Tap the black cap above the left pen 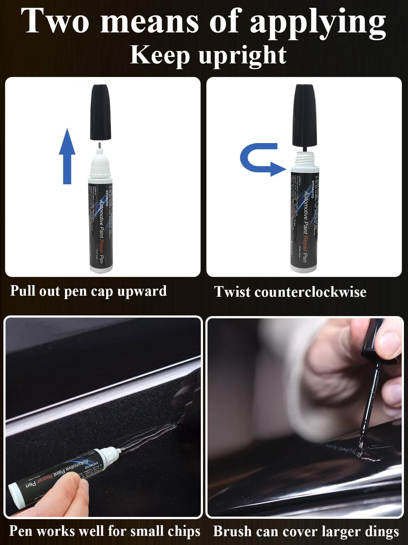(101, 112)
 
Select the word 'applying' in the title (318, 22)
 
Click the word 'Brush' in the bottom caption (232, 531)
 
